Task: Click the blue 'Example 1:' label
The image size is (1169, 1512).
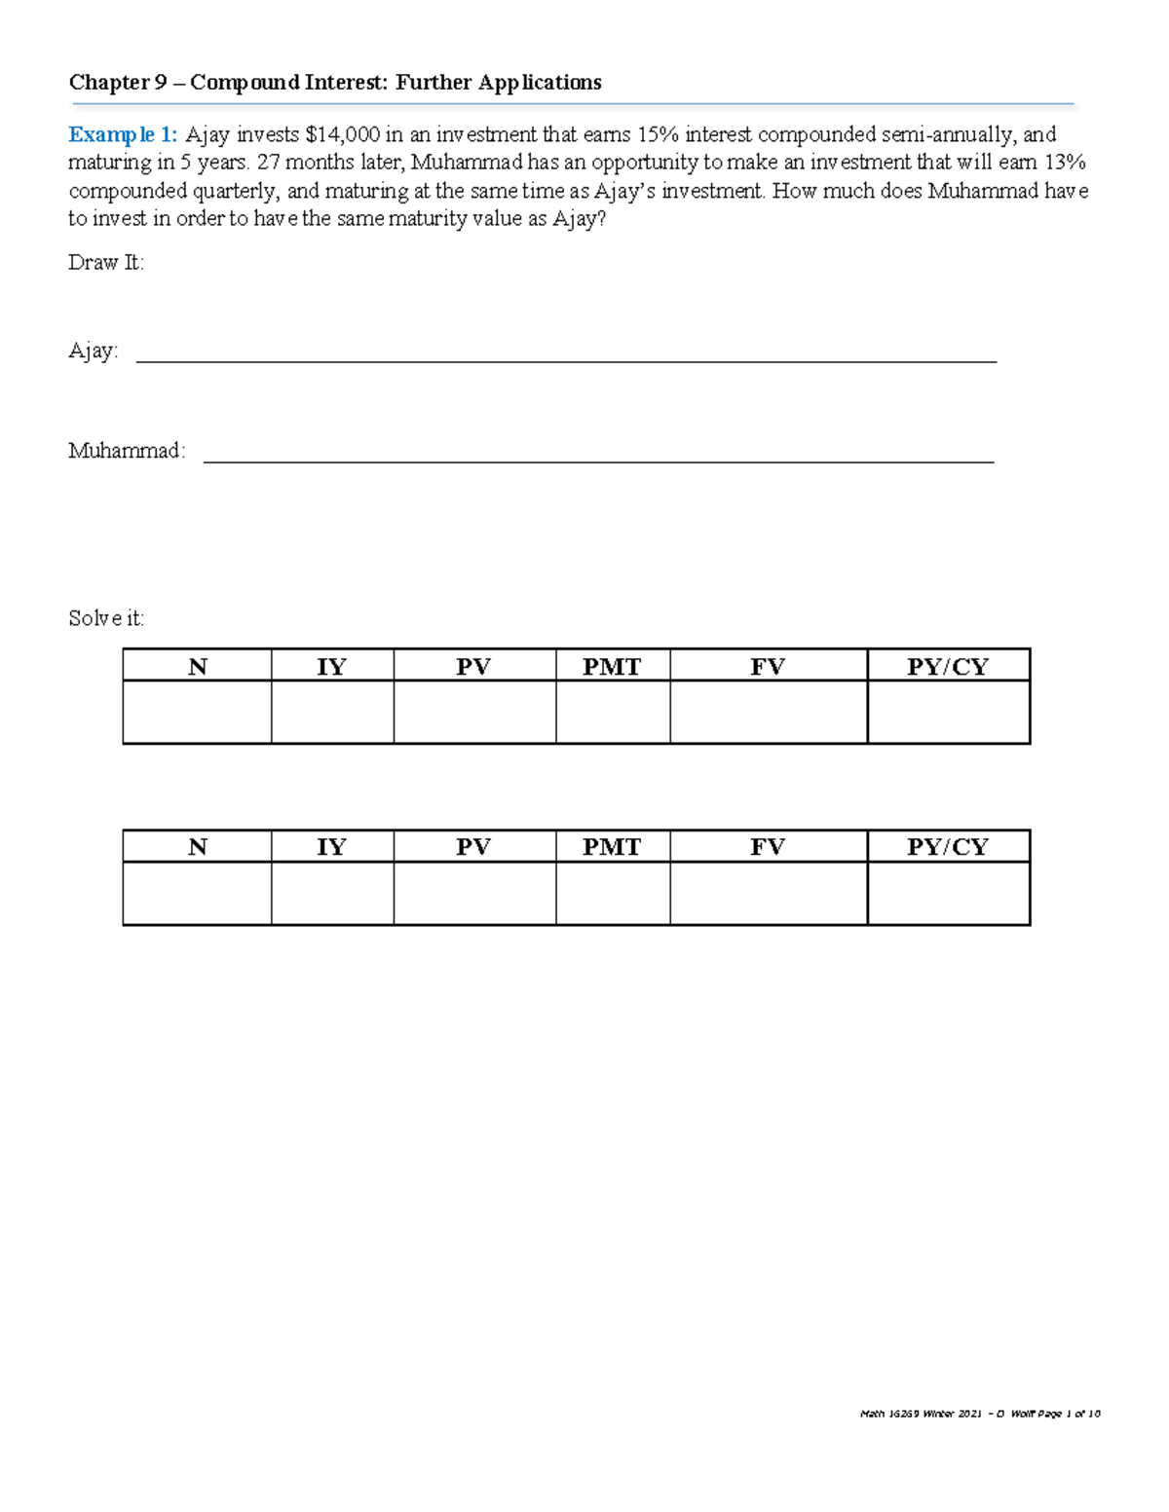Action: (123, 134)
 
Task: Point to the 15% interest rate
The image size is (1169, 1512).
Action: (658, 134)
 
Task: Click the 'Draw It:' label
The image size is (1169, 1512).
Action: (106, 263)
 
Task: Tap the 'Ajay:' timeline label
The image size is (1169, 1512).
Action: (94, 351)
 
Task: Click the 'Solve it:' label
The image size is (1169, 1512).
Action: (106, 618)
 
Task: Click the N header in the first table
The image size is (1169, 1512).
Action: (197, 666)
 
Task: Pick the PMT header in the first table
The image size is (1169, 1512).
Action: (612, 666)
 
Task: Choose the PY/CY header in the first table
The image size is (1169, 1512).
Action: (948, 666)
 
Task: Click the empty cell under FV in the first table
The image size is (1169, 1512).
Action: (768, 713)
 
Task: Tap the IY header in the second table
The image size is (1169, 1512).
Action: (331, 847)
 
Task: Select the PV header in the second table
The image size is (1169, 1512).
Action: (473, 847)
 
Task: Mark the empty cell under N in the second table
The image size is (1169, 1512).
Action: (197, 894)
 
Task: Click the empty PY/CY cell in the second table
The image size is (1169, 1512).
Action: (948, 894)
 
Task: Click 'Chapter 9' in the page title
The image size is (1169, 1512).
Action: (118, 83)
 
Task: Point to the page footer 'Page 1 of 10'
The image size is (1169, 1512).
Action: (1069, 1414)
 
